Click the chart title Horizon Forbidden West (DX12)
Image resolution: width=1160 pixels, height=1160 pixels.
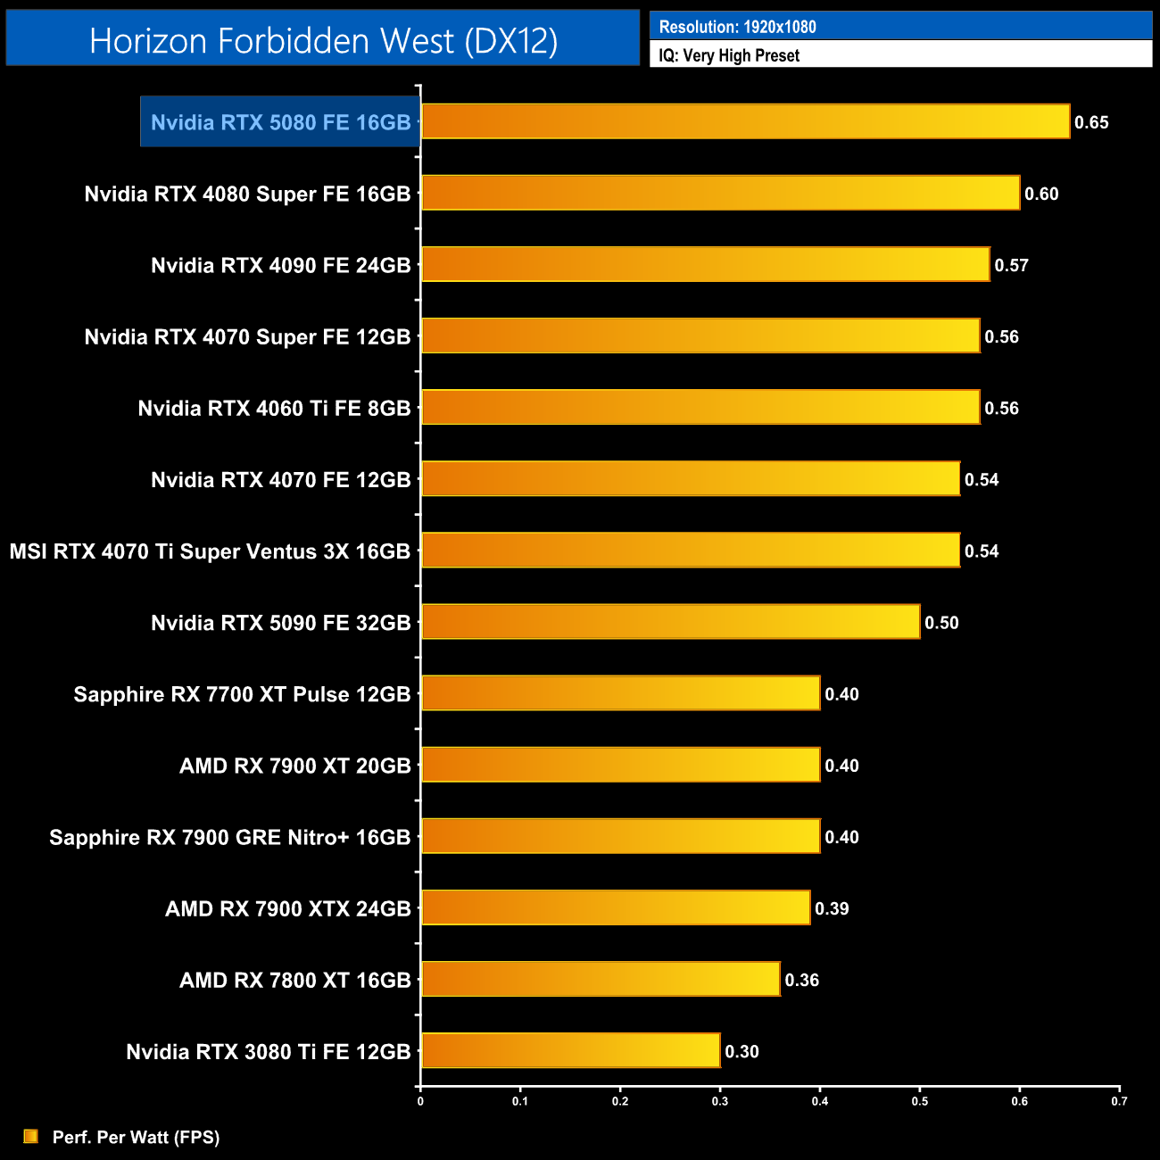click(x=323, y=41)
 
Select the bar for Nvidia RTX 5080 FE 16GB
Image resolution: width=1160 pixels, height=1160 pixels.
click(x=745, y=121)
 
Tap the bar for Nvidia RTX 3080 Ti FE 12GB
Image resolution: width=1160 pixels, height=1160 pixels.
click(x=570, y=1050)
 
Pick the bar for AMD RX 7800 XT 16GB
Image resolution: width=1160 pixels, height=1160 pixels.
click(x=601, y=979)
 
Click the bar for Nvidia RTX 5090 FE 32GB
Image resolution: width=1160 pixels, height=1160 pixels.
click(x=670, y=621)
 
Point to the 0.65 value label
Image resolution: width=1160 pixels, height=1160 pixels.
click(x=1091, y=122)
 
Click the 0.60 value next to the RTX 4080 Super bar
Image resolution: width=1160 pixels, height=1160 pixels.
click(x=1041, y=194)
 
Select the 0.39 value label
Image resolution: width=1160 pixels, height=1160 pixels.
click(x=832, y=908)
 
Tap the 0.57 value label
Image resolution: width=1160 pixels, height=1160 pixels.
click(x=1012, y=265)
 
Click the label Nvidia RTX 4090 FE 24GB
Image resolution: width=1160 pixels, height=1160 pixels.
click(x=280, y=265)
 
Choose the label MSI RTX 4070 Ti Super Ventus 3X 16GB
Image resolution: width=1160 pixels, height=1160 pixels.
click(x=210, y=551)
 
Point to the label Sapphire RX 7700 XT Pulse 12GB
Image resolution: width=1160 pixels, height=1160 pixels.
click(x=242, y=694)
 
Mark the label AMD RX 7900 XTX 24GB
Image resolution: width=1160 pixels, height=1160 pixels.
click(x=287, y=908)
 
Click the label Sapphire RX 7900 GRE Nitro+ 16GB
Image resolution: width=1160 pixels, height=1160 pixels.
click(x=229, y=837)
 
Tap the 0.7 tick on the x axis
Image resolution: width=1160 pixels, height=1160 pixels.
click(x=1119, y=1101)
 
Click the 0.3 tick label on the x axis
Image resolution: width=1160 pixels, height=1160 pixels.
click(x=719, y=1101)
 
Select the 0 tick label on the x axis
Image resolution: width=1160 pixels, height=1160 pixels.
click(x=420, y=1101)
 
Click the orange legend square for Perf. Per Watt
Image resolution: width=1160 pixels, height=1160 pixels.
click(x=31, y=1136)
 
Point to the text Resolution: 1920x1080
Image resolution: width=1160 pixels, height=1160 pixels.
click(x=737, y=27)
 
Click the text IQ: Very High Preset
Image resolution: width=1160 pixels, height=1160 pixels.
click(x=729, y=55)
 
